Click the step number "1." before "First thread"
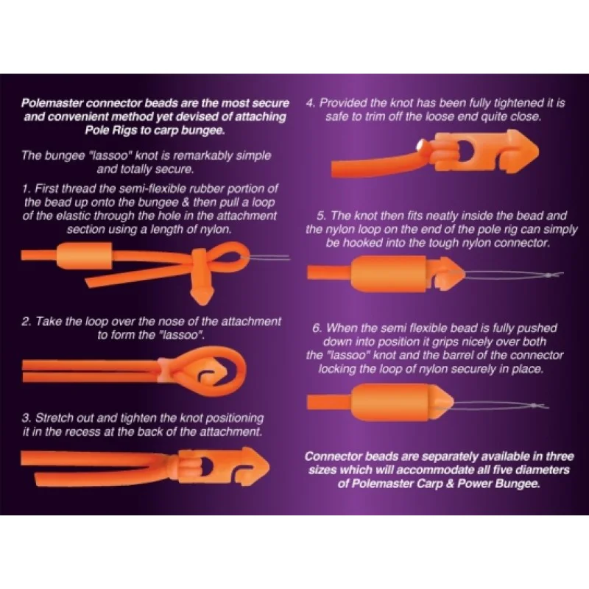[x=27, y=189]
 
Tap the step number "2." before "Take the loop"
[x=27, y=321]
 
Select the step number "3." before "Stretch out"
[x=27, y=418]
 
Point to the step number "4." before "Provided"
[x=310, y=103]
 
